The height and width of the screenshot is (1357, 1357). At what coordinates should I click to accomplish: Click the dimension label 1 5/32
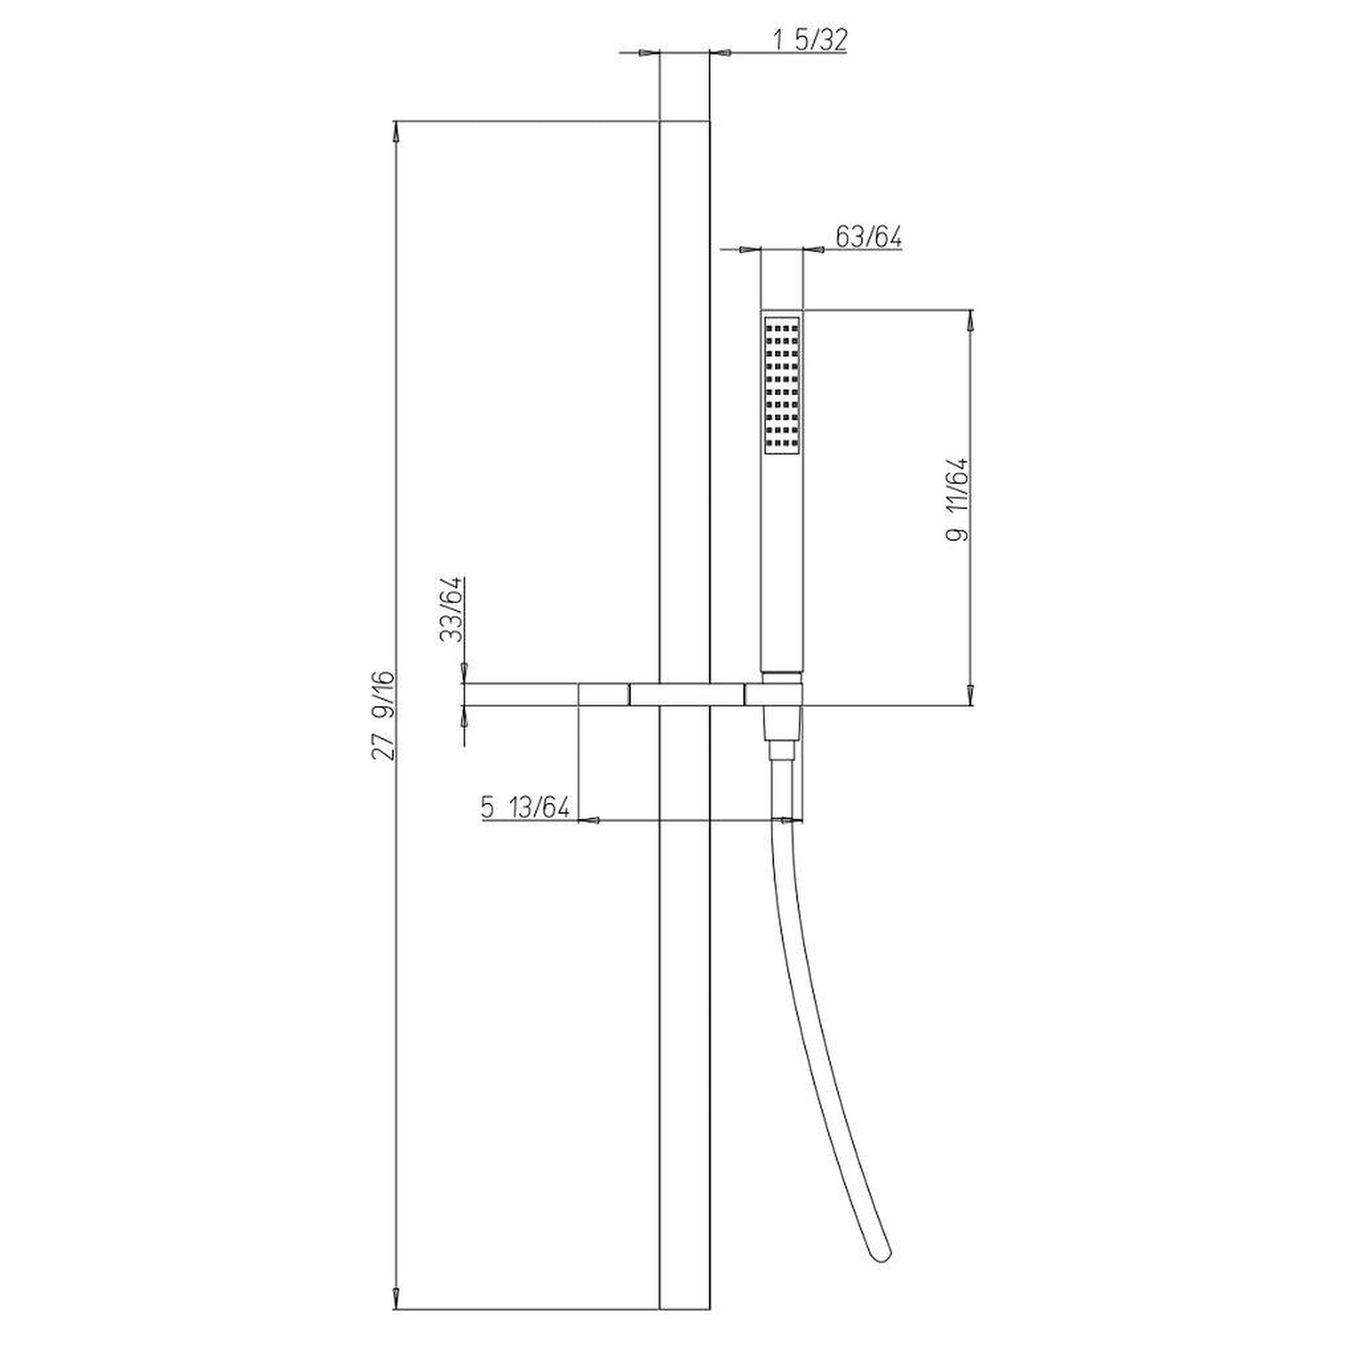[810, 40]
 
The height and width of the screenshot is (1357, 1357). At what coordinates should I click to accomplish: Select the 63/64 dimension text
[868, 238]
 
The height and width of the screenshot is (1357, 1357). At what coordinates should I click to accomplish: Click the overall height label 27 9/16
[384, 713]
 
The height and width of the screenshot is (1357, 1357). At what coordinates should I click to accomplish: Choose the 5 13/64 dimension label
[526, 807]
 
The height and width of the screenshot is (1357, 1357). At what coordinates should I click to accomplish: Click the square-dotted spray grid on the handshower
[781, 386]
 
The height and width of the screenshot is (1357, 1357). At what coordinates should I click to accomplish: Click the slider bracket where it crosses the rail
[685, 695]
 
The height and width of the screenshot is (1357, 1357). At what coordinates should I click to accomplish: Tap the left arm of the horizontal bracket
[521, 695]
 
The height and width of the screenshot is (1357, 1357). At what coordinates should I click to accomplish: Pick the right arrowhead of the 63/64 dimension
[815, 250]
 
